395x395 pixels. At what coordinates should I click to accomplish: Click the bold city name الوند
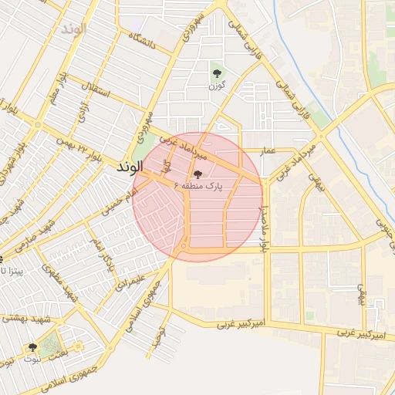click(129, 167)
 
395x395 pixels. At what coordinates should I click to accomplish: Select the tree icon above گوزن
click(217, 74)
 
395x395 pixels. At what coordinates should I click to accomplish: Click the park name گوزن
click(217, 86)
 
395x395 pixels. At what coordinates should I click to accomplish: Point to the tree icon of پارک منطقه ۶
click(198, 175)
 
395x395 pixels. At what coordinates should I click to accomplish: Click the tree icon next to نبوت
click(32, 348)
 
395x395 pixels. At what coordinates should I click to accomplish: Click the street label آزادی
click(82, 113)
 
